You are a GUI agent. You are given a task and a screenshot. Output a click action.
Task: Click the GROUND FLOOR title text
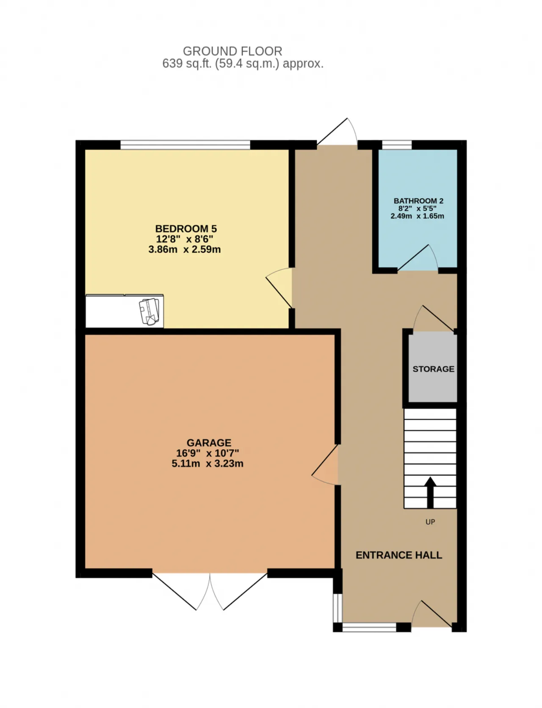point(232,51)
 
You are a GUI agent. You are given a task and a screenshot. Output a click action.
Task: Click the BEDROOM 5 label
point(186,229)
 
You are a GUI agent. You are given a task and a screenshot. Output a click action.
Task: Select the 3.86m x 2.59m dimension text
point(185,249)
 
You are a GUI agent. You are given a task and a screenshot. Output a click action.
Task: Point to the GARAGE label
point(209,443)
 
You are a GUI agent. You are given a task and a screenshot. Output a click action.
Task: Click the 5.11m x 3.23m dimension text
point(207,464)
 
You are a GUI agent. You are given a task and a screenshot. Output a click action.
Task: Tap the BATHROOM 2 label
point(418,201)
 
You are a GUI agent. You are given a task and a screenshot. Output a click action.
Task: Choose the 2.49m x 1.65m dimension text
point(418,216)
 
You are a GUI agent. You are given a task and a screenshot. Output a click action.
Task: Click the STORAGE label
point(434,369)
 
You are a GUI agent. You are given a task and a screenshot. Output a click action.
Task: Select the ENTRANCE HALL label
point(399,555)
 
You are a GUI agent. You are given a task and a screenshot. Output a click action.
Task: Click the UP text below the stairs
point(430,522)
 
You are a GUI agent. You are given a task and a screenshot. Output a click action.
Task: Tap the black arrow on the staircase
point(430,492)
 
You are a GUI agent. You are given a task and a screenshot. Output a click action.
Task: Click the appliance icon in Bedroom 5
point(149,312)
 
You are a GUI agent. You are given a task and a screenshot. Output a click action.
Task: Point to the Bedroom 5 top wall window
point(185,145)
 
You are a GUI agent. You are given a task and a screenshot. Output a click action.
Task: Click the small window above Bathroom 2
point(397,145)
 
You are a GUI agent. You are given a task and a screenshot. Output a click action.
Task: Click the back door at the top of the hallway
point(337,132)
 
